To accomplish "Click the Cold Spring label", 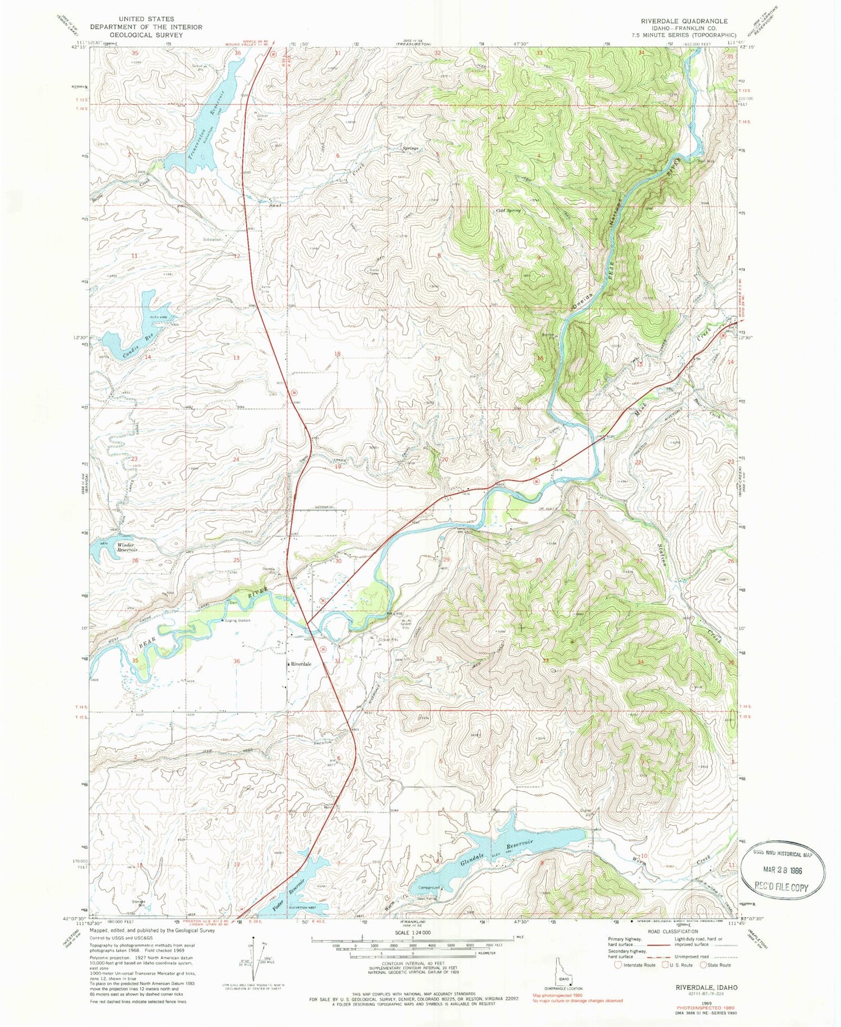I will click(509, 211).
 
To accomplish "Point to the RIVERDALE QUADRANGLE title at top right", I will click(684, 21).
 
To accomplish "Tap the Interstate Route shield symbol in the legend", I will click(618, 965).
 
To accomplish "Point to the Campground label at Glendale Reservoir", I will click(429, 887).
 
